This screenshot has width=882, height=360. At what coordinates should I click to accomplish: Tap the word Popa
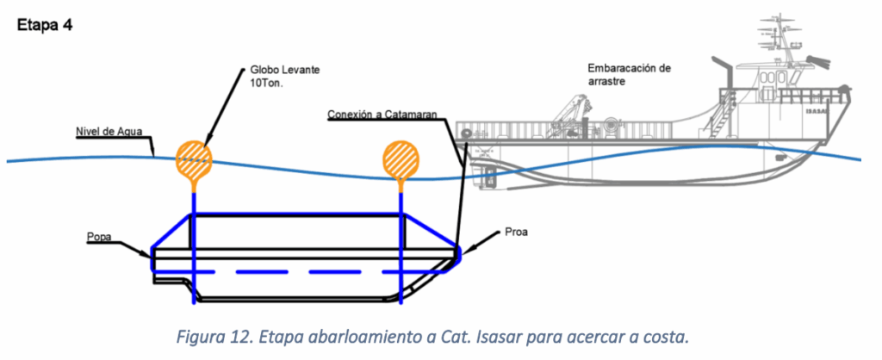99,235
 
